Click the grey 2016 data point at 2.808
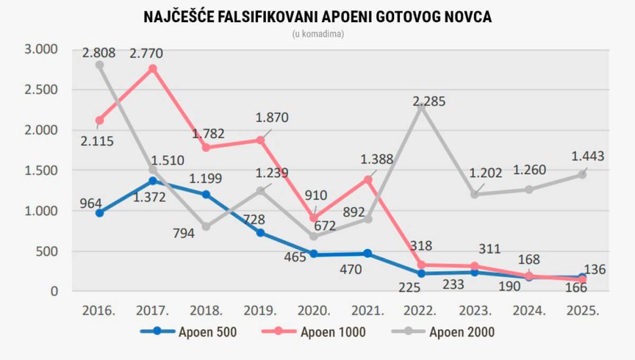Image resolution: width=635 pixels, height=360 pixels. click(x=100, y=65)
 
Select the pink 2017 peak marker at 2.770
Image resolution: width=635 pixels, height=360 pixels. click(x=153, y=69)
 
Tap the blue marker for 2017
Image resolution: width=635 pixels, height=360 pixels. click(x=153, y=181)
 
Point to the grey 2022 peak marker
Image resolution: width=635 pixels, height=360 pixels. click(x=422, y=107)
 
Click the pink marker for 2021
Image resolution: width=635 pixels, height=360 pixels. click(x=368, y=179)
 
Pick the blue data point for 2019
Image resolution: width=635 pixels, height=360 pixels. click(x=261, y=232)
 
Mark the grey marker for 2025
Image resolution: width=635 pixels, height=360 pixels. click(x=582, y=175)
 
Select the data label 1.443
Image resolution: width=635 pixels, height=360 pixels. click(x=587, y=156)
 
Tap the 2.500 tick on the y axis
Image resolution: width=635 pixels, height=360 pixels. click(x=41, y=90)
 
